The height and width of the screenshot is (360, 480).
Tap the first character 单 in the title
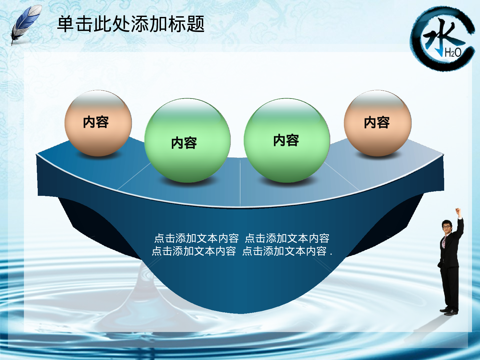[66, 24]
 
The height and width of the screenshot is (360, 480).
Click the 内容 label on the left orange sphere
[96, 122]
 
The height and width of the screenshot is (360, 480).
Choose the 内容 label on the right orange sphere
[377, 123]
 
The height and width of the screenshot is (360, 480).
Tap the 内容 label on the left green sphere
[184, 143]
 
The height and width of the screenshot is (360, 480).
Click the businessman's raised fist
[458, 211]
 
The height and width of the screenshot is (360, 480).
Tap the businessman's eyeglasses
[446, 227]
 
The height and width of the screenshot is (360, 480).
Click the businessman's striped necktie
[444, 242]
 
